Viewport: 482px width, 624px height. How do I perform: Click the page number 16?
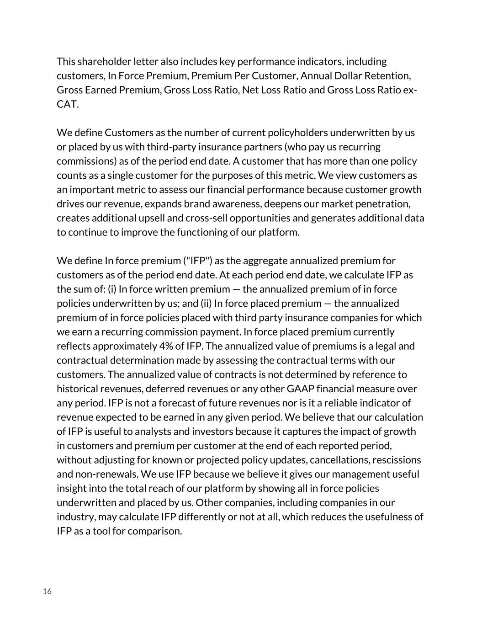click(47, 592)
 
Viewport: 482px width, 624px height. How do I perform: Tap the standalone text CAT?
click(68, 104)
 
